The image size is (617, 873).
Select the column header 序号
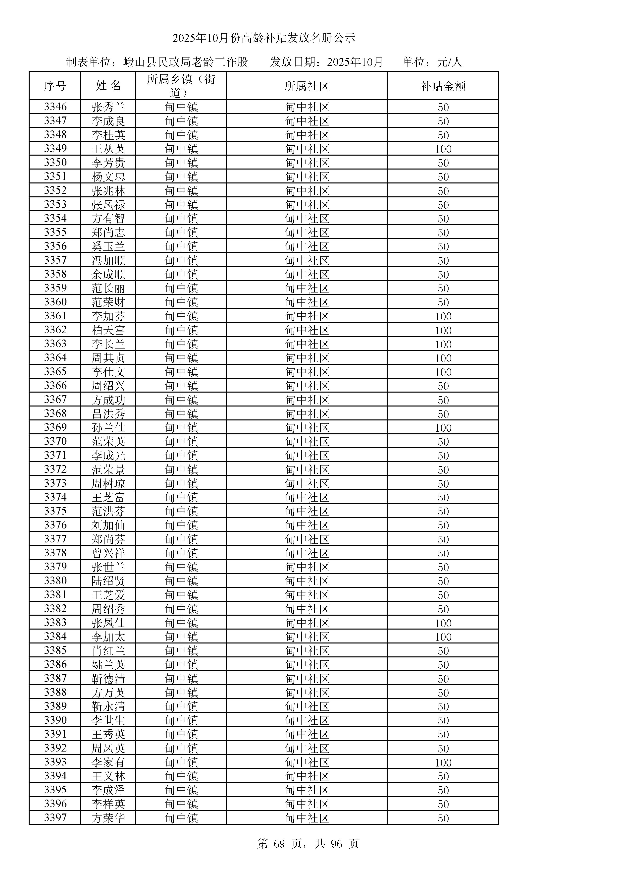(x=55, y=86)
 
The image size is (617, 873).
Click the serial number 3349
(x=55, y=149)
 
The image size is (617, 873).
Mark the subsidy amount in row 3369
(x=443, y=428)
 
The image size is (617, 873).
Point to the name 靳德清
(x=108, y=679)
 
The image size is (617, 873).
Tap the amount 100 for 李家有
(x=443, y=763)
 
